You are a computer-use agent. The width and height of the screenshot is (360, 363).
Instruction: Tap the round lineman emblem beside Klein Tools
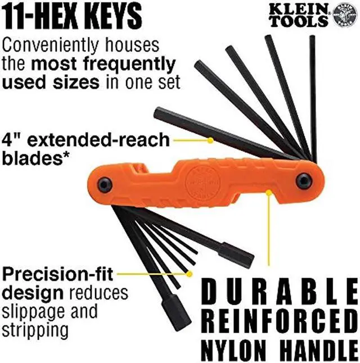(x=345, y=15)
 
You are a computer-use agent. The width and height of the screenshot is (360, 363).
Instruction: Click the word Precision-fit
(x=58, y=275)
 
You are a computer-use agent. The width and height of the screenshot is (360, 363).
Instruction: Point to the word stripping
(x=35, y=328)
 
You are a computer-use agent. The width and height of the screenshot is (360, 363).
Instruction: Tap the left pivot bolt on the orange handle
(x=105, y=184)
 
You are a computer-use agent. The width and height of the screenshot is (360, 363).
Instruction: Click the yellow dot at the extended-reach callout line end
(x=210, y=139)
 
